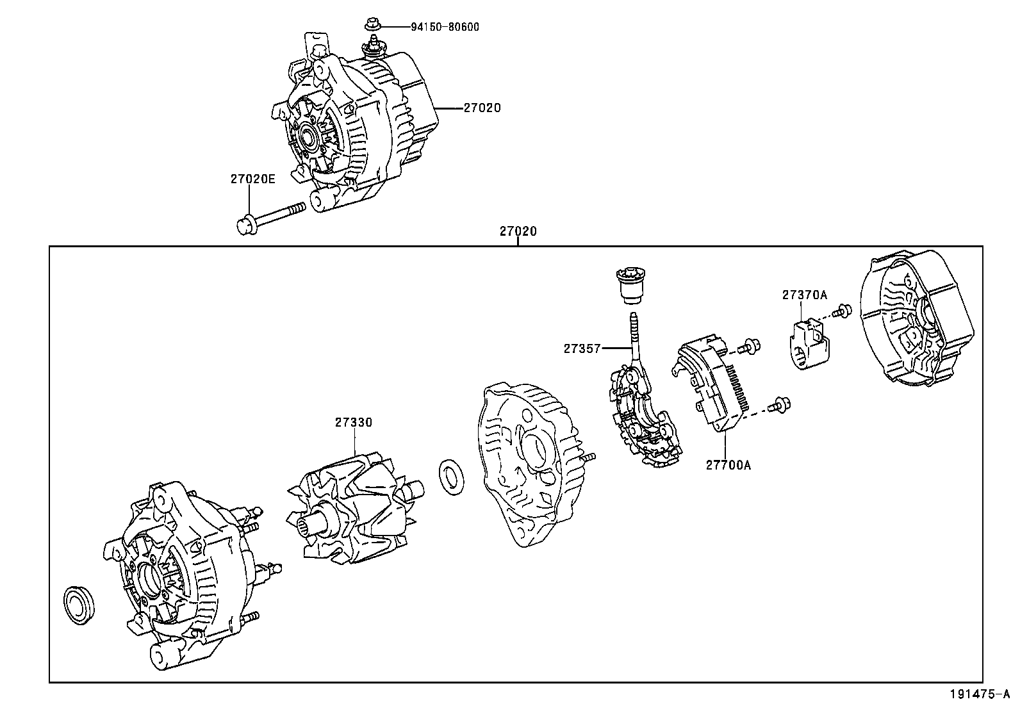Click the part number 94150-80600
(446, 27)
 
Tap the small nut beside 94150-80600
(371, 25)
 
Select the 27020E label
(252, 179)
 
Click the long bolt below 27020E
(268, 218)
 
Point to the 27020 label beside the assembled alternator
(482, 108)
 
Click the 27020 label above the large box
(518, 231)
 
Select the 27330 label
(353, 422)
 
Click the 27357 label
(582, 348)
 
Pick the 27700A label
(728, 465)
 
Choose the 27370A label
(804, 295)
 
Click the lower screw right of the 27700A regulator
(780, 404)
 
